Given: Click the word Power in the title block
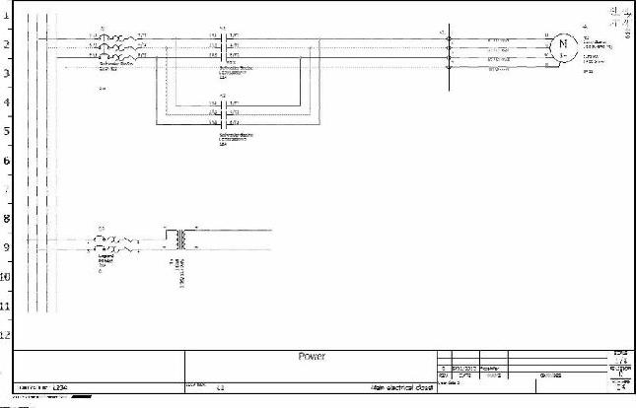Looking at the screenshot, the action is (312, 356).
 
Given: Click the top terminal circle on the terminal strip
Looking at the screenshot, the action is (450, 38).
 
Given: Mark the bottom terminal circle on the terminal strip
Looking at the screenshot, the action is (450, 69).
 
